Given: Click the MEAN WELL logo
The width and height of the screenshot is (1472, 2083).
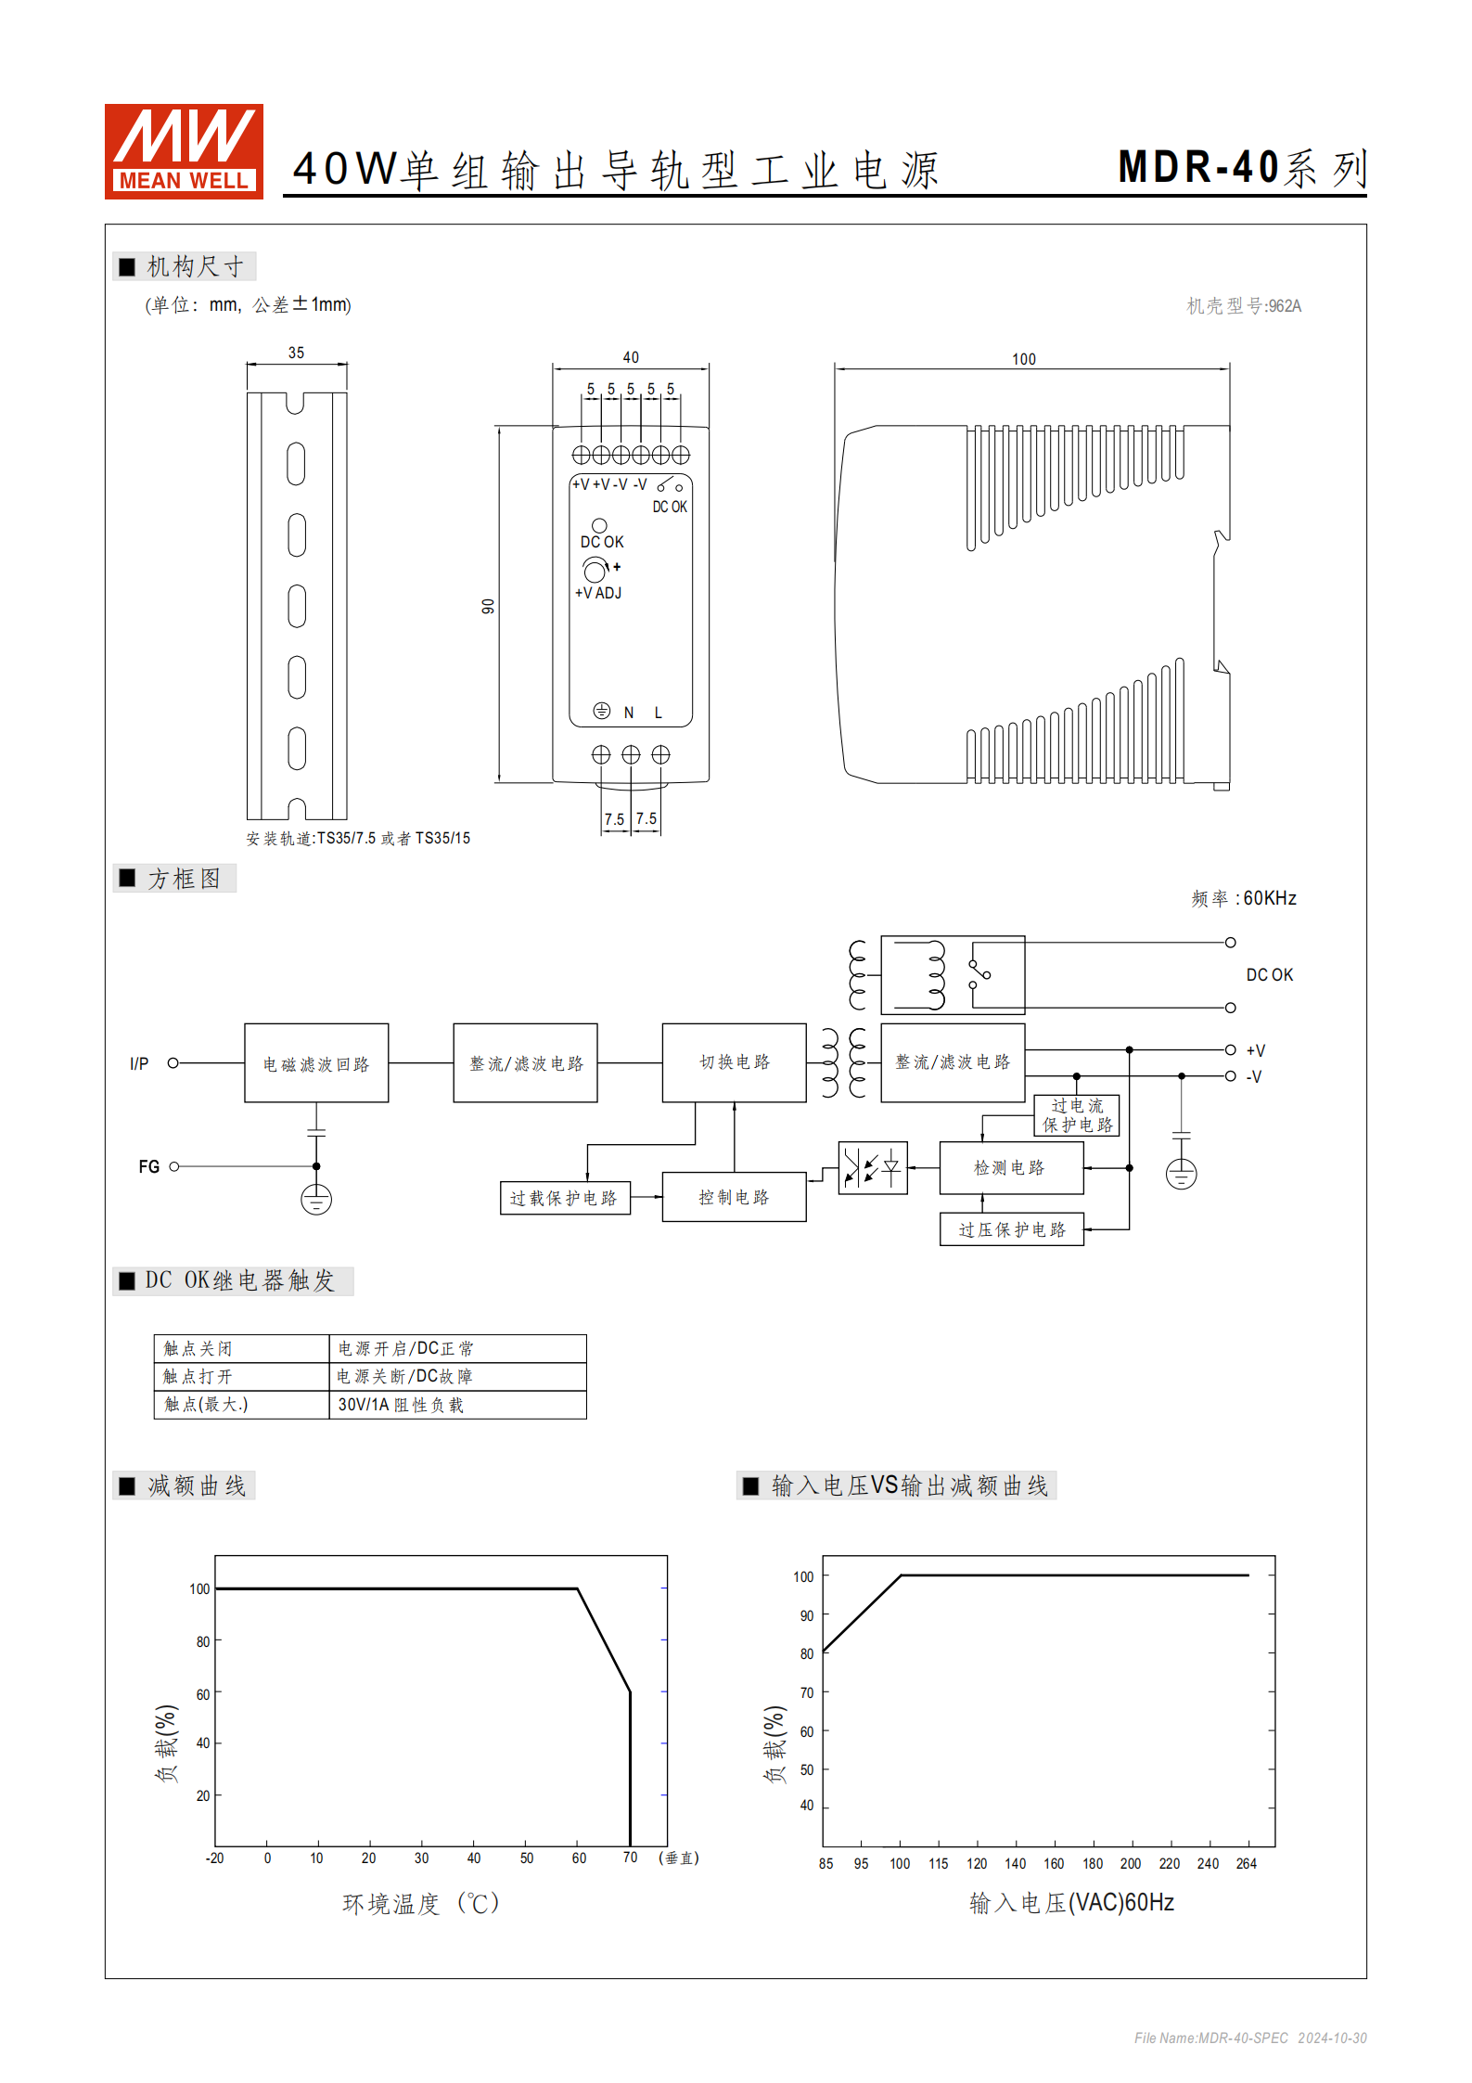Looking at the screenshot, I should coord(184,151).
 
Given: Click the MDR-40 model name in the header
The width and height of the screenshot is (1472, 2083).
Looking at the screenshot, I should coord(1198,168).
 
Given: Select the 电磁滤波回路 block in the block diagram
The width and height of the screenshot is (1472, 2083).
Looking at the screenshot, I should coord(316,1063).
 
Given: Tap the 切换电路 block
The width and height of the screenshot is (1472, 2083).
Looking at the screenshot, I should coord(734,1062).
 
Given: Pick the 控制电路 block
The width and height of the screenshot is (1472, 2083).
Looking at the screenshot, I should coord(734,1197).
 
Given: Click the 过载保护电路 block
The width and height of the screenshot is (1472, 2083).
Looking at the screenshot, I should coord(564,1198).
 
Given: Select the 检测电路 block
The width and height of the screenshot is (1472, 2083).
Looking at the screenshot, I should coord(1010,1167).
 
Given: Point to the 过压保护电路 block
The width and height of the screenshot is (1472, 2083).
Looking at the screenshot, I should coord(1011,1229).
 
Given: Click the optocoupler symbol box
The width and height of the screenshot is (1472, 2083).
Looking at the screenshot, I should coord(872,1167).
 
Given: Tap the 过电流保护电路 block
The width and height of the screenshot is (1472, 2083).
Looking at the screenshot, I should coord(1076,1115).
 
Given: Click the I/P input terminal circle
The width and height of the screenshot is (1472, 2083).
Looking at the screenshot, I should coord(173,1063).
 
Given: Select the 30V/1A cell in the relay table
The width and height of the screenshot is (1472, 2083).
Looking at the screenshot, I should coord(456,1405).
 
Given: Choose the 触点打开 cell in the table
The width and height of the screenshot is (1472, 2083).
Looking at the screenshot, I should coord(240,1376).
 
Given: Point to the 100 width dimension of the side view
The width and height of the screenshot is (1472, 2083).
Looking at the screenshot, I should coord(1023,359).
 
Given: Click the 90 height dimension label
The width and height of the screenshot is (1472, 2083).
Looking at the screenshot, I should coord(488,606).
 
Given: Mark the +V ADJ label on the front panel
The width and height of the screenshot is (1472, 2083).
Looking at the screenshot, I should coord(598,593).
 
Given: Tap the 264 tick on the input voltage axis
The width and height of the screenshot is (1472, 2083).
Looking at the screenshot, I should coord(1246,1863).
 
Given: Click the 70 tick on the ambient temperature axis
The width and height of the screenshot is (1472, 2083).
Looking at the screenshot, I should coord(630,1858).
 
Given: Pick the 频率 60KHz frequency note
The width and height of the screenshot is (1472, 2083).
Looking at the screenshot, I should coord(1243,898).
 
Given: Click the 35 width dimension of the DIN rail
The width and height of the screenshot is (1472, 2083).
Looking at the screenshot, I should coord(296,353).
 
